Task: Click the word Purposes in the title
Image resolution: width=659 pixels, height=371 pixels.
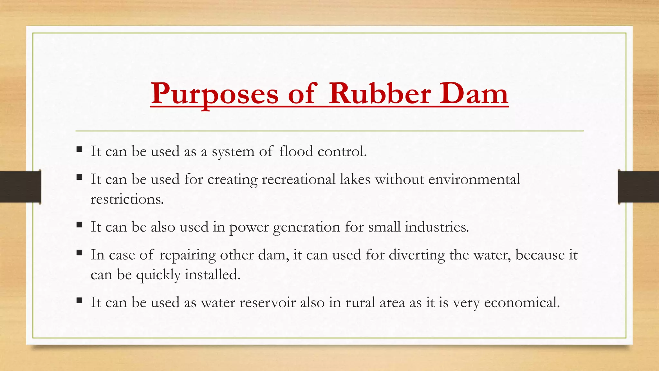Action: click(x=214, y=94)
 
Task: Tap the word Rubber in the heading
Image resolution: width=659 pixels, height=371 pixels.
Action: click(x=380, y=94)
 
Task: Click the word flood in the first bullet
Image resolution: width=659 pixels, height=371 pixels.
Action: click(x=296, y=151)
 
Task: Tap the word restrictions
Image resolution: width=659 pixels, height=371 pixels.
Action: click(x=127, y=199)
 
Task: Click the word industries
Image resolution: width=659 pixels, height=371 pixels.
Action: click(x=437, y=227)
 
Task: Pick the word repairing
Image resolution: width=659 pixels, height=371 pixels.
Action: click(x=188, y=255)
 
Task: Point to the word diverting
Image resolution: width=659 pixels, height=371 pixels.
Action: click(x=417, y=255)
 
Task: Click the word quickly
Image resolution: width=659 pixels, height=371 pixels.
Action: click(x=158, y=275)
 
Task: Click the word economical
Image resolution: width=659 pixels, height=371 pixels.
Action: click(x=522, y=302)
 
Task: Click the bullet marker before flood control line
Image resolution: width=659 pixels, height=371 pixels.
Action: click(x=79, y=149)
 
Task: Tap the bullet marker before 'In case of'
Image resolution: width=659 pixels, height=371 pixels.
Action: click(x=79, y=253)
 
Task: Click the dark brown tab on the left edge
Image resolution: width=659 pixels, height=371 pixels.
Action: click(x=20, y=187)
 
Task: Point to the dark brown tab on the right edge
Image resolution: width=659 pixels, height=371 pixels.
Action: click(x=638, y=187)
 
